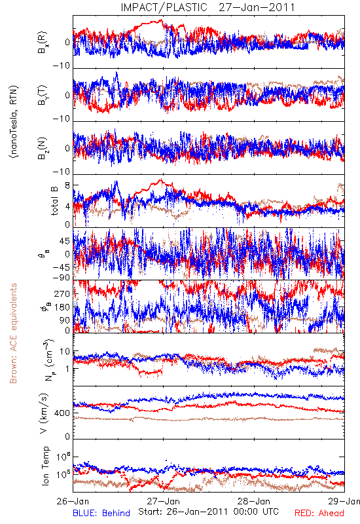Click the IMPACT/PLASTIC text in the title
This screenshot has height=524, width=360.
tap(164, 7)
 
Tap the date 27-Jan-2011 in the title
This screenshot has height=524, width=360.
tap(257, 7)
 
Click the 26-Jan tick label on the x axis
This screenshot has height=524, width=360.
tap(73, 501)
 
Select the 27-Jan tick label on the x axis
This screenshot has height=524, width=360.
tap(164, 501)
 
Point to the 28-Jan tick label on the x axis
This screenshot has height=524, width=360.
tap(254, 501)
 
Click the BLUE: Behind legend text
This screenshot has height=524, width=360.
tap(101, 513)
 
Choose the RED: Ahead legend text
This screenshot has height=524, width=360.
tap(319, 513)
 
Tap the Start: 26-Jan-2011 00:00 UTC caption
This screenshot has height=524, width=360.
tap(208, 512)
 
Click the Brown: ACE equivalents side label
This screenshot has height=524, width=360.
tap(13, 333)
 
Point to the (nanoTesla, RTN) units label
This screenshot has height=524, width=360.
tap(14, 121)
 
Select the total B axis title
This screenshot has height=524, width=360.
tap(54, 201)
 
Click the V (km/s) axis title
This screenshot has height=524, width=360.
tap(44, 414)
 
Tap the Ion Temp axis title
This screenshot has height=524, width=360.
tap(45, 466)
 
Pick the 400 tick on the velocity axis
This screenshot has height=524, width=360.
tap(62, 413)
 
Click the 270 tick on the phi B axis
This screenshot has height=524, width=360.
tap(62, 293)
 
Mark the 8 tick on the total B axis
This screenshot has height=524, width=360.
tap(67, 185)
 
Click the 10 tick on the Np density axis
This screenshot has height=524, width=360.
tap(65, 352)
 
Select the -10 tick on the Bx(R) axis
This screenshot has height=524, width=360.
tap(62, 65)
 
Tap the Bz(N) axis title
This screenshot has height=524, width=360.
tap(43, 148)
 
